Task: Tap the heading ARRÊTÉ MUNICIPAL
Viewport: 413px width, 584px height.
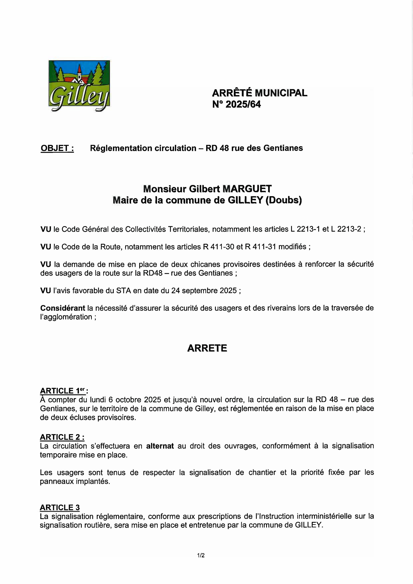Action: coord(260,93)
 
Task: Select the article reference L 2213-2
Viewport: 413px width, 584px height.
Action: coord(346,229)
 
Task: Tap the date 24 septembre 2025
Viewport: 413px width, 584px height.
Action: coord(204,291)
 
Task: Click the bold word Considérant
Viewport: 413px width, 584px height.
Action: coord(63,308)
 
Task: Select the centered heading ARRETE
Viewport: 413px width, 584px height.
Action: coord(207,348)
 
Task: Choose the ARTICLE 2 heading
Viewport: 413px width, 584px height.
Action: coord(62,437)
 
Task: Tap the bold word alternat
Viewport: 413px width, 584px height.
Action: coord(160,446)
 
